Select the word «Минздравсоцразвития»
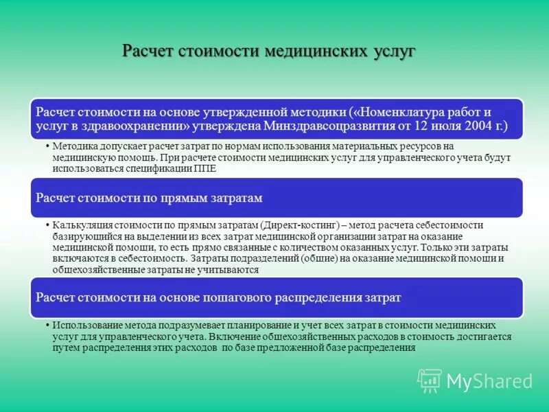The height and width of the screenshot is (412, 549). (x=322, y=126)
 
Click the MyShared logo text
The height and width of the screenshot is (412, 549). (x=489, y=381)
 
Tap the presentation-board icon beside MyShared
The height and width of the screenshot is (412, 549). (x=430, y=380)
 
